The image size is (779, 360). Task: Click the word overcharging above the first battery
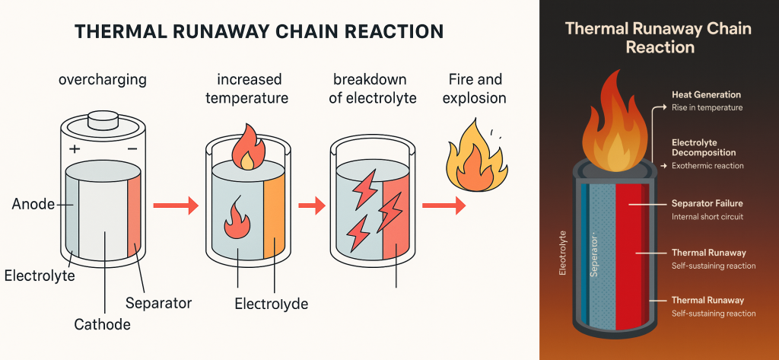103,80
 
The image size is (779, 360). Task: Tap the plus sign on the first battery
75,149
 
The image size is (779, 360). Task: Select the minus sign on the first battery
132,149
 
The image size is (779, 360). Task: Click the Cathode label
103,325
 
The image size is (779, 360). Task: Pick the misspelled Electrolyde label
271,304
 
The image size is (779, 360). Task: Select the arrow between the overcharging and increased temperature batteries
175,205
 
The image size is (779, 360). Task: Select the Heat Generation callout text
706,94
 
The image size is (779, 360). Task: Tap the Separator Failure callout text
707,204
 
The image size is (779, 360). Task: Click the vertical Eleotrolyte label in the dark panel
562,251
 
